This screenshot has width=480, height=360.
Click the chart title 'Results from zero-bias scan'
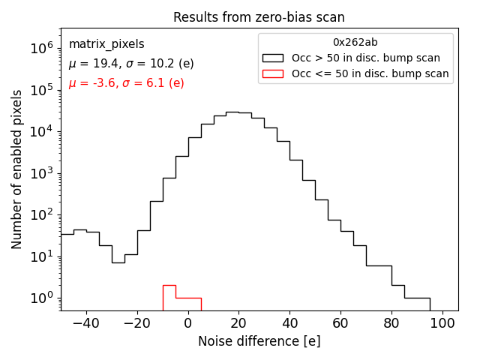click(259, 17)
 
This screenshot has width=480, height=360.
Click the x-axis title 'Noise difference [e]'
click(259, 341)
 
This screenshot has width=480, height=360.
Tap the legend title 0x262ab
click(355, 42)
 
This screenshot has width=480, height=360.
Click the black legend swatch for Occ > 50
click(272, 58)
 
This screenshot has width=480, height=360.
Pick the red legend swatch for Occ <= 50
click(272, 73)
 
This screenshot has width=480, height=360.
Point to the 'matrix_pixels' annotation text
click(106, 44)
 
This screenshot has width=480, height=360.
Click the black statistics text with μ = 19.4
click(126, 64)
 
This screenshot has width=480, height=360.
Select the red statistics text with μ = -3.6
click(126, 83)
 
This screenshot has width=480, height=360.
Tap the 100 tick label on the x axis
click(442, 323)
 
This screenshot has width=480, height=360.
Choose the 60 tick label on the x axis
click(340, 323)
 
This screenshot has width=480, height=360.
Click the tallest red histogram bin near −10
click(169, 286)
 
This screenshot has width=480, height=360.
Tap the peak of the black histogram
click(232, 112)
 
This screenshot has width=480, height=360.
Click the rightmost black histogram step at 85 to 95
click(417, 298)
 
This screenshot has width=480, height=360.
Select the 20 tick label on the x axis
click(238, 323)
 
